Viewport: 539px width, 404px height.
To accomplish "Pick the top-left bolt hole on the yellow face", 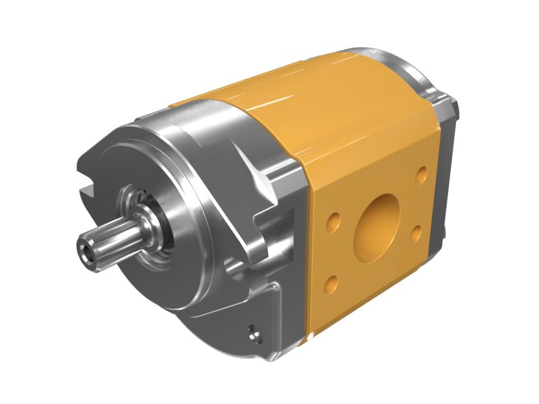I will pos(332,222).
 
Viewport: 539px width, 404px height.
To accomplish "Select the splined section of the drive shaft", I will pos(108,243).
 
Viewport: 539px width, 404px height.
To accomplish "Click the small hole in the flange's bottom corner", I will pos(253,332).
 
